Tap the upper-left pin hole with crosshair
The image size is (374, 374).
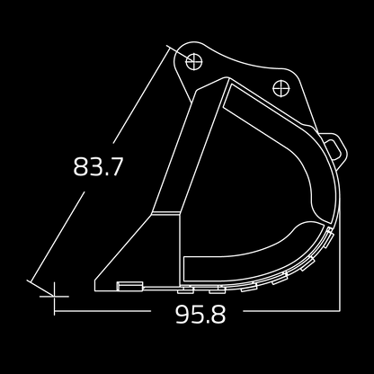click(191, 59)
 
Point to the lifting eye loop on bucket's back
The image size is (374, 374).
click(334, 147)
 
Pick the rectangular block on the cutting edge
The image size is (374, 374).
click(130, 286)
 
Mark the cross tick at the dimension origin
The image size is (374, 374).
click(55, 292)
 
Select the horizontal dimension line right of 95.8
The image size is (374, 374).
click(288, 313)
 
